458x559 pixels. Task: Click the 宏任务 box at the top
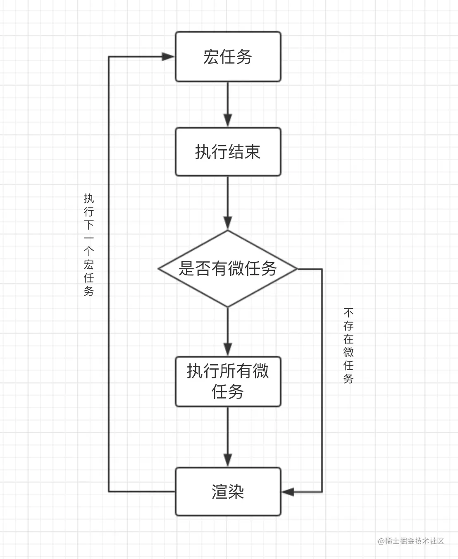click(228, 57)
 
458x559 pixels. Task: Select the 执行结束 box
click(228, 152)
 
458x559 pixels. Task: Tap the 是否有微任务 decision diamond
click(228, 269)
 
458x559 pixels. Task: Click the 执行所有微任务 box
click(228, 381)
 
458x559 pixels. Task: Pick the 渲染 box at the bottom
click(228, 492)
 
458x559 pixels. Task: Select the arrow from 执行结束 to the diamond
click(228, 203)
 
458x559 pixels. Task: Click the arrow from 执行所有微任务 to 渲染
click(228, 437)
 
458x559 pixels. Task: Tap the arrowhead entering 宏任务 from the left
click(168, 57)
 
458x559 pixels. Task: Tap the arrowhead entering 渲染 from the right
click(288, 492)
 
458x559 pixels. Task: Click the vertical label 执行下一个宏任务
click(89, 244)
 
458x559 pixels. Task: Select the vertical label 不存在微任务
click(348, 345)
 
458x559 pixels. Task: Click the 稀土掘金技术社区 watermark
click(411, 541)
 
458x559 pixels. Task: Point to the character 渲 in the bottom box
click(219, 492)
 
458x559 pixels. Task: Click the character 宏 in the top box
click(211, 57)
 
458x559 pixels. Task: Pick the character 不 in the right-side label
click(348, 312)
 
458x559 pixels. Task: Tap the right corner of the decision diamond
click(296, 269)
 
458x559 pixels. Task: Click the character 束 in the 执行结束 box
click(252, 152)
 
